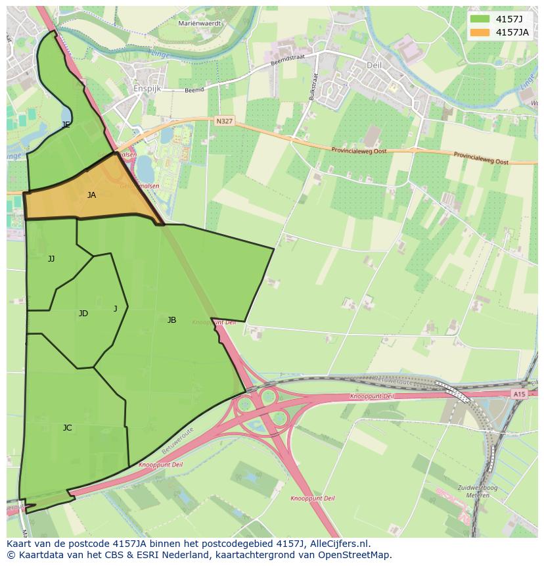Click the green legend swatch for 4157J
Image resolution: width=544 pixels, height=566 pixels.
click(480, 18)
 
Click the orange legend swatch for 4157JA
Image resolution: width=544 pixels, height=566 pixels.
click(480, 32)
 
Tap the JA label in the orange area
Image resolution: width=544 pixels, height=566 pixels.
click(91, 195)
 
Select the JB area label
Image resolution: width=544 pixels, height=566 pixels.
click(171, 320)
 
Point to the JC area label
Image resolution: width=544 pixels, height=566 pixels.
click(67, 428)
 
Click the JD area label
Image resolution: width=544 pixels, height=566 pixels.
click(83, 314)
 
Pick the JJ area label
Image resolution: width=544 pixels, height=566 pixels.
click(51, 259)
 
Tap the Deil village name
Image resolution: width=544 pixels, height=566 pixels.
click(373, 65)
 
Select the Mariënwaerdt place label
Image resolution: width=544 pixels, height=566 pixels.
click(200, 23)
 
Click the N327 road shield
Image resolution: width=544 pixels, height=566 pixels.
click(224, 121)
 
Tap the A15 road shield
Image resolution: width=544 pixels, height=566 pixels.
click(519, 394)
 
